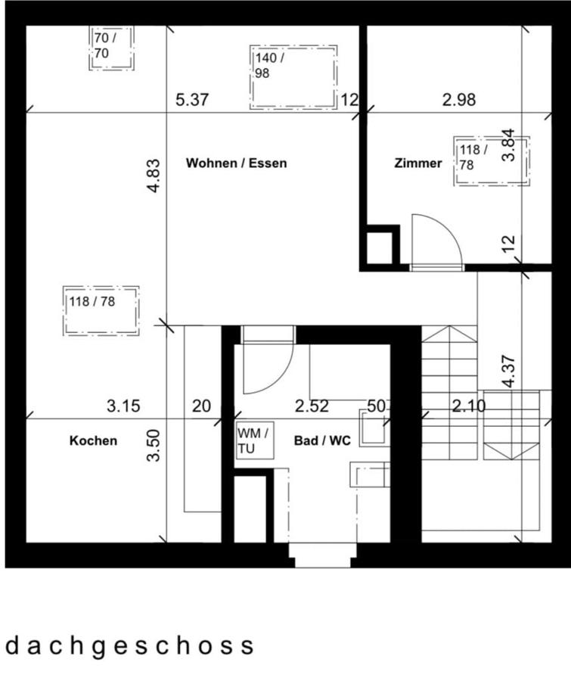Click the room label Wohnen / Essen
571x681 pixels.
point(236,163)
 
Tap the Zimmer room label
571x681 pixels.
point(417,163)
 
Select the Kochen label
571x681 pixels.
point(93,440)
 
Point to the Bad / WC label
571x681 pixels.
point(322,441)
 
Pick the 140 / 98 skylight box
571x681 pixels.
point(293,76)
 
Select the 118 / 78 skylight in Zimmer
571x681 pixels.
point(491,160)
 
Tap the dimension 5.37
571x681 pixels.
point(191,100)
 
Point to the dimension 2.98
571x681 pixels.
point(459,100)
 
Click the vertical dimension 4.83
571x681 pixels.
point(154,176)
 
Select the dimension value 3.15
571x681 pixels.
point(123,406)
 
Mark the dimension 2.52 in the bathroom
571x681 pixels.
point(312,406)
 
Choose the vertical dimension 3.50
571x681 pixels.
point(154,446)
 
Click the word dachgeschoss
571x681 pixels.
point(129,645)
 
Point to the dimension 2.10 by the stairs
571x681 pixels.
point(469,406)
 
